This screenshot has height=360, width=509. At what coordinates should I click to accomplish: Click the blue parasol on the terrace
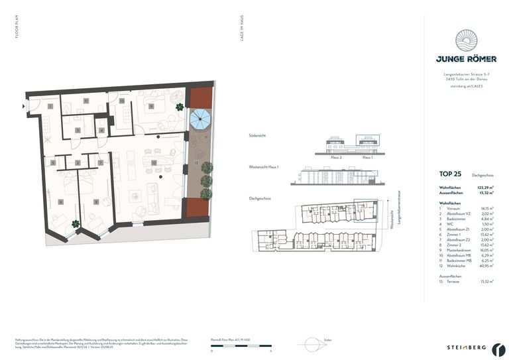point(199,120)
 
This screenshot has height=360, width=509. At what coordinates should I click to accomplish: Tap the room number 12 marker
point(153,162)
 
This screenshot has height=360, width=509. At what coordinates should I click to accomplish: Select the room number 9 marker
point(151,106)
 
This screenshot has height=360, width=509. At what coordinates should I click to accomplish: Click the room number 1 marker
point(50,106)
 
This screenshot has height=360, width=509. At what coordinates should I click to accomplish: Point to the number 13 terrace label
point(196,162)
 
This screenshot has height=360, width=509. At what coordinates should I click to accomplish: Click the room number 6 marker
point(60,202)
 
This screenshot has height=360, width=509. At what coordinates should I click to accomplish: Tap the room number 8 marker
point(97,202)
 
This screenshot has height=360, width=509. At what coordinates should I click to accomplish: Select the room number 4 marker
point(101,130)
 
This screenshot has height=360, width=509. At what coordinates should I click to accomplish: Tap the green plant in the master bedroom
point(180,107)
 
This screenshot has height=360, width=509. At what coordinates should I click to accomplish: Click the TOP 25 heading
point(450,174)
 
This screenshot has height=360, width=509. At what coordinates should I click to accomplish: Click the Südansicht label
point(256,136)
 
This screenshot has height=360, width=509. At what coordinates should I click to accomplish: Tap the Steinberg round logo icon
point(498,347)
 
